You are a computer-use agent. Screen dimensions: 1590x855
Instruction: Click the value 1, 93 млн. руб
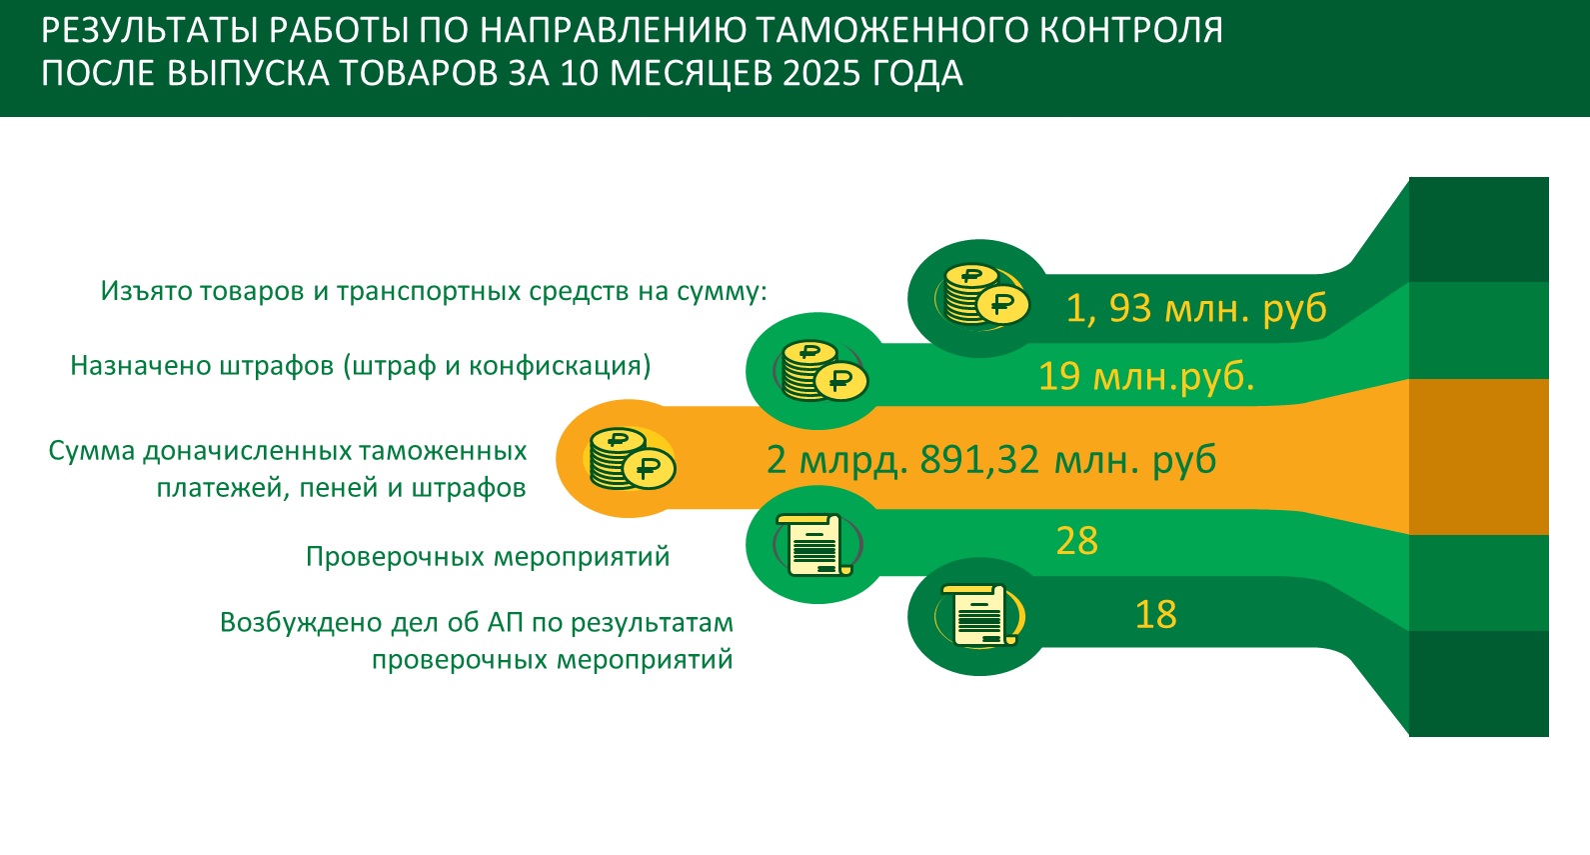[x=1196, y=309]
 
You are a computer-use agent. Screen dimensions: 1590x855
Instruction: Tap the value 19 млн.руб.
[x=1146, y=376]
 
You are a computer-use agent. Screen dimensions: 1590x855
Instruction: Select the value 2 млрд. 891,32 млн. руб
[x=991, y=459]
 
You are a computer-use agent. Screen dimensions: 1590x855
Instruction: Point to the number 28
[x=1076, y=541]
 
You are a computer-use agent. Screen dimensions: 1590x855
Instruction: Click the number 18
[x=1155, y=615]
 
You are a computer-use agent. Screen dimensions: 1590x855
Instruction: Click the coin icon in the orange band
[x=632, y=459]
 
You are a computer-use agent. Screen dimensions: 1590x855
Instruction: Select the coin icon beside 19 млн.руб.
[x=824, y=371]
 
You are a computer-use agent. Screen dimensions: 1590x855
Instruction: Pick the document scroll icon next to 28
[x=816, y=545]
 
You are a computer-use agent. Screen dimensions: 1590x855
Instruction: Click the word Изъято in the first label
[x=146, y=291]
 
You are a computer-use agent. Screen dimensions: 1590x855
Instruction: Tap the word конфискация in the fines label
[x=560, y=366]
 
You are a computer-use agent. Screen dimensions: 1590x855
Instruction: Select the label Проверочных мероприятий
[x=488, y=557]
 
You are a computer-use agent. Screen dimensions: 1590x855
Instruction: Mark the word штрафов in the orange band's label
[x=469, y=489]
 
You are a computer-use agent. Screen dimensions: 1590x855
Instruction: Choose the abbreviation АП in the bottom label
[x=505, y=623]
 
